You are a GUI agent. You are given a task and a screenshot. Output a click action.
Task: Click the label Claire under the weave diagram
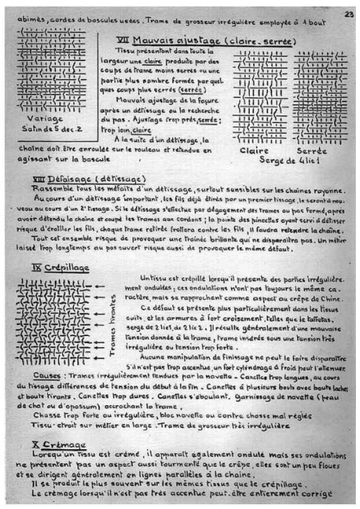click(254, 150)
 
